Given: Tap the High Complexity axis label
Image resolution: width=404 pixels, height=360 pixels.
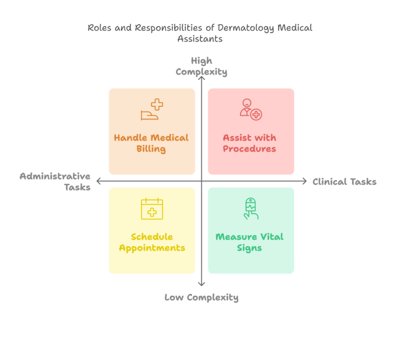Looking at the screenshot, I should [x=201, y=66].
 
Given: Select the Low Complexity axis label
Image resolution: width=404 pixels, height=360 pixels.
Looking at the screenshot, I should [x=201, y=297].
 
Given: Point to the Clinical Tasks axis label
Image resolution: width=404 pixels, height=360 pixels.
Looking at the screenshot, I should [x=345, y=182].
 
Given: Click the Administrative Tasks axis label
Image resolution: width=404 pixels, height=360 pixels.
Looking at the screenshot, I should [x=55, y=181].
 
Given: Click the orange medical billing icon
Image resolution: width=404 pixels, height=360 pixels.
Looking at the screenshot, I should [x=152, y=110].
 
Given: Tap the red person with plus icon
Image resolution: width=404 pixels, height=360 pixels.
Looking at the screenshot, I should [x=250, y=109].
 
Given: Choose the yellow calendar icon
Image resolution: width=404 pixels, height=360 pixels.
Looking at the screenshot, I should [x=152, y=209].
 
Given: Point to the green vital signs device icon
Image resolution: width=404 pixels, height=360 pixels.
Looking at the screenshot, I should [x=251, y=208].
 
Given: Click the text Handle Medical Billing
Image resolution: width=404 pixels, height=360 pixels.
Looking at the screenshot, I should [x=151, y=143].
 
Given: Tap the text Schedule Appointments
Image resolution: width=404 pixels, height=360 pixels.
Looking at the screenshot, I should [x=152, y=242].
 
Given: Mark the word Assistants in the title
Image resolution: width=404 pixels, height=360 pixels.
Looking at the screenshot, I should [x=200, y=39].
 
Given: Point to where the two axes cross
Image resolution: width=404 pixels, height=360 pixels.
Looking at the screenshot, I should [x=201, y=181].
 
